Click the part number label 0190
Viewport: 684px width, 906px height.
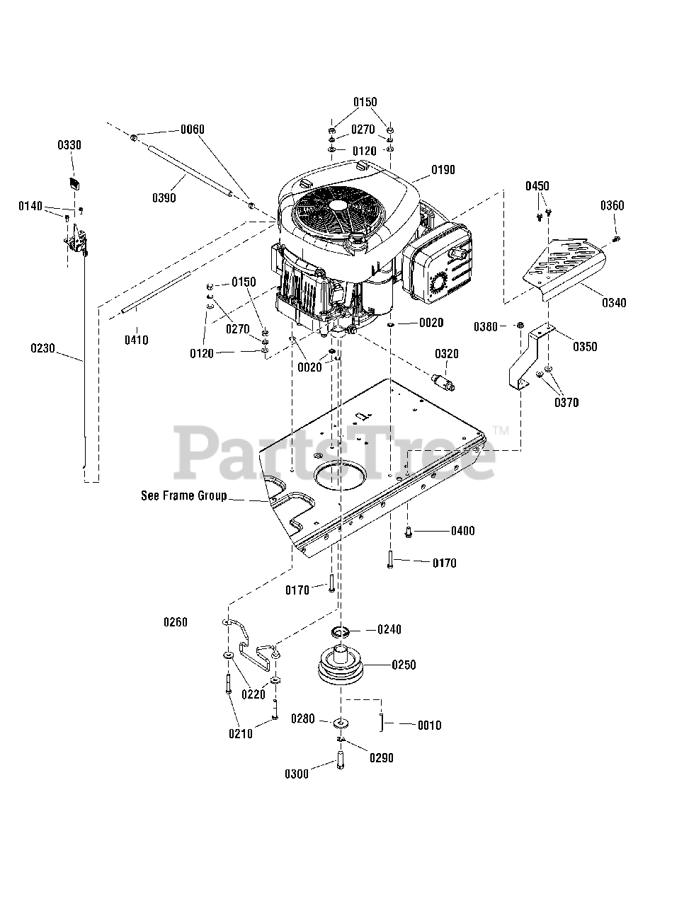coord(443,170)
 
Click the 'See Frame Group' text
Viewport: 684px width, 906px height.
coord(183,495)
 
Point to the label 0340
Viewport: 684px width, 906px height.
coord(614,303)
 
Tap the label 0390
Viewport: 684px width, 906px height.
coord(164,197)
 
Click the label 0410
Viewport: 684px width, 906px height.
coord(136,340)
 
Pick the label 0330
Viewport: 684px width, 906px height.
coord(69,145)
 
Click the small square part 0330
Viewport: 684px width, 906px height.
coord(74,183)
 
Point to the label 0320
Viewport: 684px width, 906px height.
coord(447,353)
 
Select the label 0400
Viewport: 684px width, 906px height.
coord(462,531)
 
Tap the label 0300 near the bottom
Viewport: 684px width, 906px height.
coord(297,774)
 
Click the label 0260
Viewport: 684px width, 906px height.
coord(175,622)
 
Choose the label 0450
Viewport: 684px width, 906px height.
coord(537,186)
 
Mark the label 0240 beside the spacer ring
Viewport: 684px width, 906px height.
coord(389,629)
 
